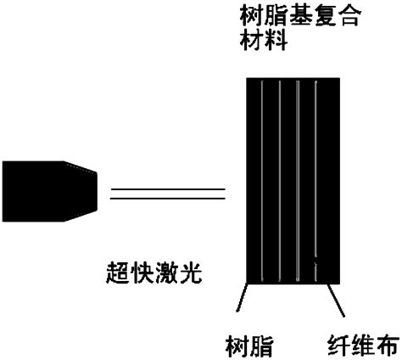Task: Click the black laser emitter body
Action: (49, 191)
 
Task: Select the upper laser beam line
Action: (168, 189)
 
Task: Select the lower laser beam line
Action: (168, 198)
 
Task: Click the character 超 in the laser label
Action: (118, 273)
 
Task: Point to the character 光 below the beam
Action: (191, 273)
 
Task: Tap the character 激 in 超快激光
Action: (167, 273)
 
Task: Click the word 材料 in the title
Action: (264, 40)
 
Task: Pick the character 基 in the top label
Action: (300, 15)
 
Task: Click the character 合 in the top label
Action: (349, 15)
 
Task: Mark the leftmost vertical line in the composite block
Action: (262, 181)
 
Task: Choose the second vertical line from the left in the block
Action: (279, 181)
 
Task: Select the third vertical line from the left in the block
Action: (298, 181)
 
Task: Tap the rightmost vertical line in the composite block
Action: (315, 181)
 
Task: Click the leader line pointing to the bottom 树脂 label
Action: (243, 297)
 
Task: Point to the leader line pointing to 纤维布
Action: (336, 301)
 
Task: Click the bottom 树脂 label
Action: (249, 346)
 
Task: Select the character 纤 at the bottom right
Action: (338, 345)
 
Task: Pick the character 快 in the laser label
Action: (142, 273)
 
